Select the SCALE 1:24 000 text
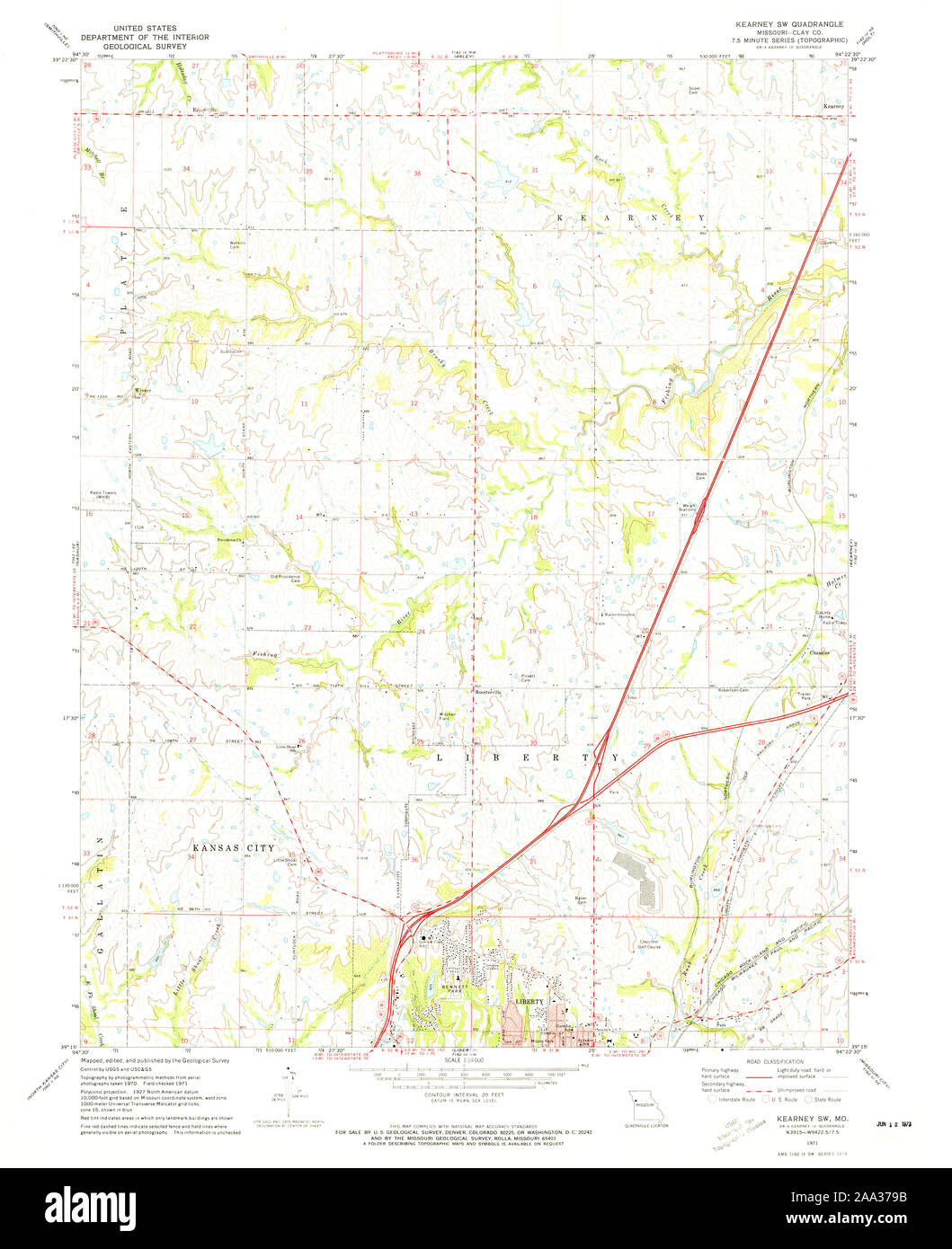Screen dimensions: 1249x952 [x=467, y=1061]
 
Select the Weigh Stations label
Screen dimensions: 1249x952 [x=690, y=509]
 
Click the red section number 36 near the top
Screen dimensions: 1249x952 [x=417, y=172]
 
